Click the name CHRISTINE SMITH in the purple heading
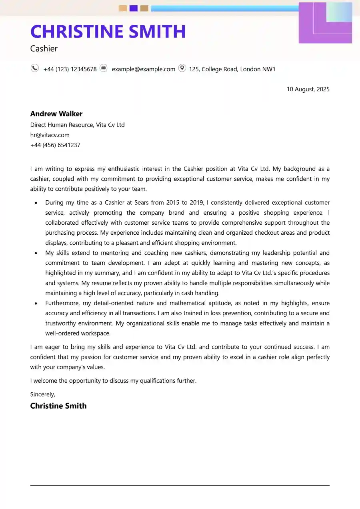[108, 32]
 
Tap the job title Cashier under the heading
[44, 49]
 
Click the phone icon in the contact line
[35, 68]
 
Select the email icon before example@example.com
[104, 68]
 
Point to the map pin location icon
[182, 68]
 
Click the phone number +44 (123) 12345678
[70, 69]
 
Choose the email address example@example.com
[143, 69]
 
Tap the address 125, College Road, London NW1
[232, 69]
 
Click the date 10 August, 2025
[308, 89]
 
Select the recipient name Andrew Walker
[56, 114]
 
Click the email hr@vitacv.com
[50, 135]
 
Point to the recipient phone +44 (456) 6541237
[55, 145]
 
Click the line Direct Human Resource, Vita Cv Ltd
[78, 125]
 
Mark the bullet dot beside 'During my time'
[36, 203]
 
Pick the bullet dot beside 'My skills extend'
[36, 253]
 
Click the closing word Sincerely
[43, 394]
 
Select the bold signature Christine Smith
[58, 406]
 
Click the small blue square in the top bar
[134, 8]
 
